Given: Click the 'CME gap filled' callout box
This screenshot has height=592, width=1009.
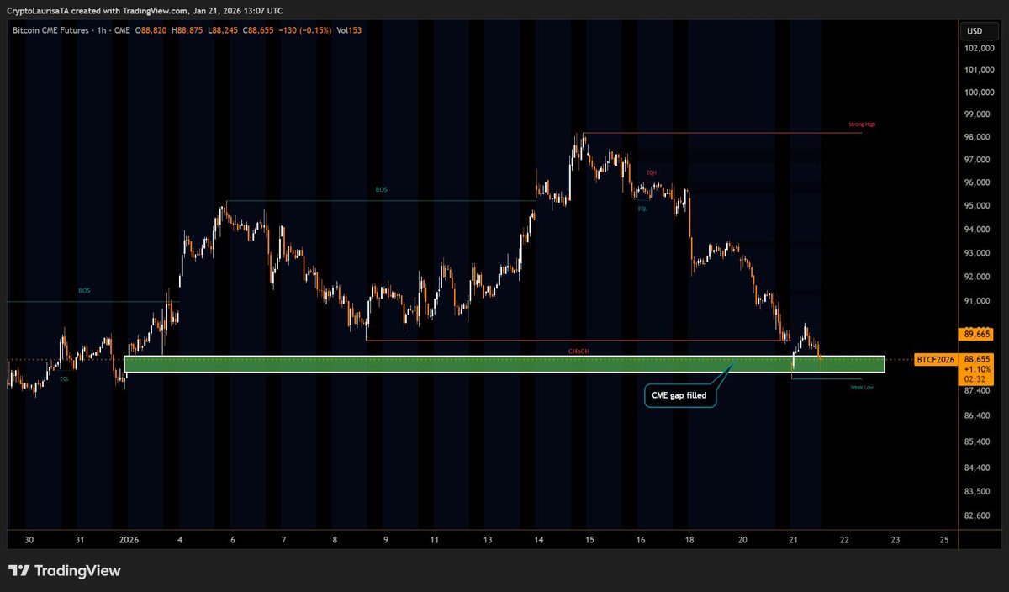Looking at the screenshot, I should [680, 394].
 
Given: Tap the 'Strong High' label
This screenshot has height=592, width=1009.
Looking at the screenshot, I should [863, 124].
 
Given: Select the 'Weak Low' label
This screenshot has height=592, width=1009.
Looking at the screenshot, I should [862, 387].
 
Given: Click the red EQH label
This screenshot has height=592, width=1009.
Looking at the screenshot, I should [652, 172].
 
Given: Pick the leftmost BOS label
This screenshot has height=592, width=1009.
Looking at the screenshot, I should [84, 291].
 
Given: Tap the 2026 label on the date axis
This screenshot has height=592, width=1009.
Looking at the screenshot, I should [129, 540].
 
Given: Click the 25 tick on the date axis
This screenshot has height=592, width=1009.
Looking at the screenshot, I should [945, 540].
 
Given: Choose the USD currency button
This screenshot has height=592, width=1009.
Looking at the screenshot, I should [975, 32].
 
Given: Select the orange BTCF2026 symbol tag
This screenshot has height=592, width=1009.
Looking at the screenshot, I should [935, 360].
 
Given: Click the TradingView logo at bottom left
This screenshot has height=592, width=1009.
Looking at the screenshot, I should [66, 571].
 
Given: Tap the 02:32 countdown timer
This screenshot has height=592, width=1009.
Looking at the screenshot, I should [975, 379].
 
